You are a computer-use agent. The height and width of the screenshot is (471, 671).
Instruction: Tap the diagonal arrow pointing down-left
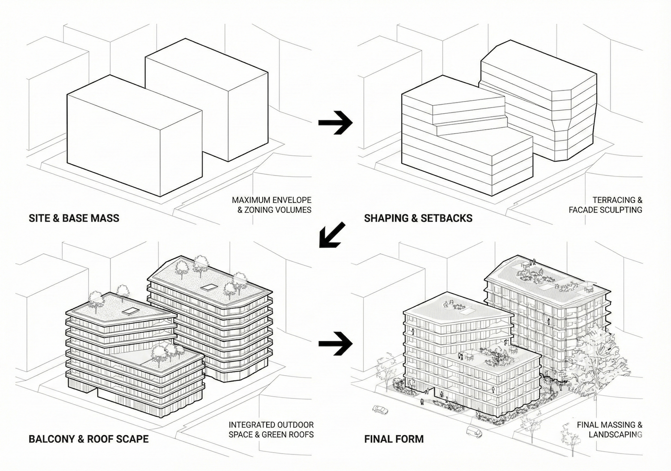click(x=331, y=235)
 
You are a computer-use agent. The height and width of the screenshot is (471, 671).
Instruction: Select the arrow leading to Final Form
click(x=335, y=344)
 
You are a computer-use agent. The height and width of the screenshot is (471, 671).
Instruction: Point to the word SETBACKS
click(x=450, y=218)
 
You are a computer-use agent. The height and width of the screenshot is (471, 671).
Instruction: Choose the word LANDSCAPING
click(x=616, y=435)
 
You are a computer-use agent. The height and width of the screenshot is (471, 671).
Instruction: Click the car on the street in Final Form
click(x=380, y=410)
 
